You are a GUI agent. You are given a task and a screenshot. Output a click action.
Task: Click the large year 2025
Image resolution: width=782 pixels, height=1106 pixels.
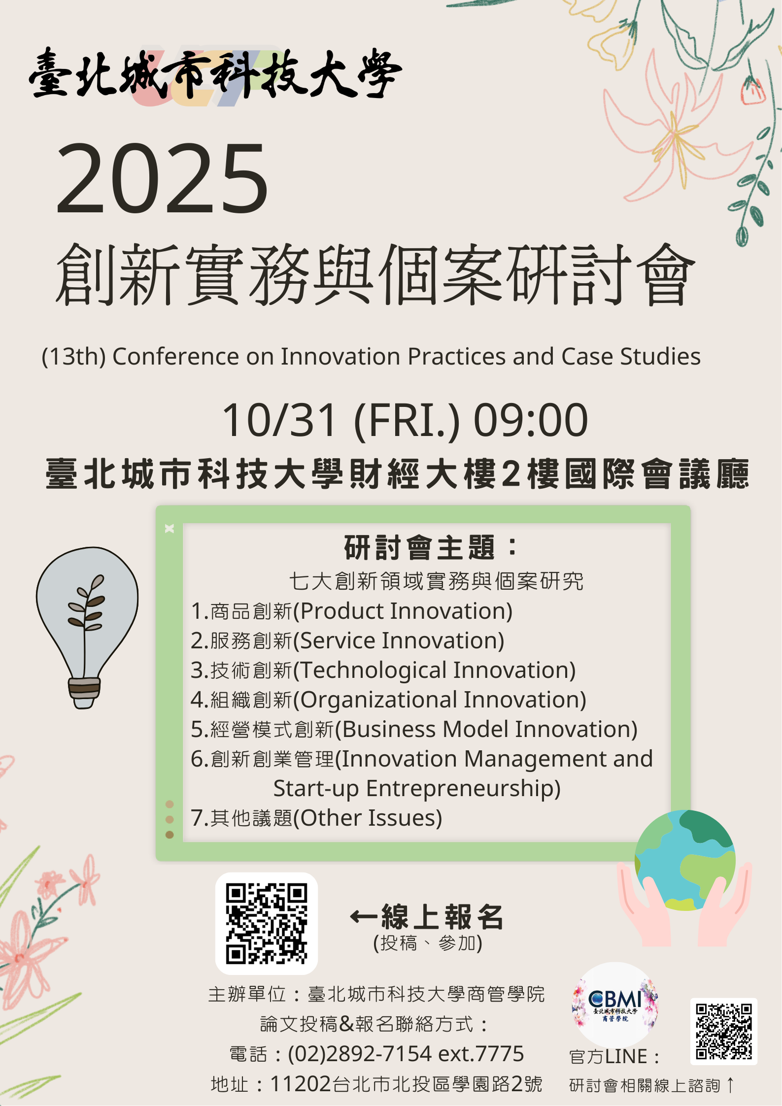(163, 179)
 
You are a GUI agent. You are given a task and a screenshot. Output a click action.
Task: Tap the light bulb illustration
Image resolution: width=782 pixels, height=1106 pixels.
(87, 628)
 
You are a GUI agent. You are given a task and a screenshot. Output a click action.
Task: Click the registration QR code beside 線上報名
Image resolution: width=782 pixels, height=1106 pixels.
(267, 923)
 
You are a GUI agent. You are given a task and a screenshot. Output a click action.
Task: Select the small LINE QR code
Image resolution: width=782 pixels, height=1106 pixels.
(724, 1032)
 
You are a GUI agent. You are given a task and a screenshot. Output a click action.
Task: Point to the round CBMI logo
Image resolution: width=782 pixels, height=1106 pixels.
(615, 1005)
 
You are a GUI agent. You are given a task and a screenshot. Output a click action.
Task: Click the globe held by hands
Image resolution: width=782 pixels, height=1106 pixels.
(685, 860)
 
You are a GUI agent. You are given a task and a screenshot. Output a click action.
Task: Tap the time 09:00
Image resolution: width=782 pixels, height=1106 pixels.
(531, 420)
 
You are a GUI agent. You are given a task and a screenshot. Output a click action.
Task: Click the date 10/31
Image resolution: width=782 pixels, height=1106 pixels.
(279, 420)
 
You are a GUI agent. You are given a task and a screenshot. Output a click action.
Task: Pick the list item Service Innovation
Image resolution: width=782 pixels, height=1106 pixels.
(347, 640)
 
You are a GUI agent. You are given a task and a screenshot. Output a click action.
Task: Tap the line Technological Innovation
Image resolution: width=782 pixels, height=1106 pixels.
(383, 670)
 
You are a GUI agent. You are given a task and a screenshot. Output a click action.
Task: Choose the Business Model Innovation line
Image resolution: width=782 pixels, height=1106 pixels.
(414, 729)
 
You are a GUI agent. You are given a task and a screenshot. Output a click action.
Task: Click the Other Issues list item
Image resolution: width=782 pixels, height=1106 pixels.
(316, 818)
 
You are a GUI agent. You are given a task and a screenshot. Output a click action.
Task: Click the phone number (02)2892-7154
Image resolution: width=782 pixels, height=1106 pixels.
(360, 1054)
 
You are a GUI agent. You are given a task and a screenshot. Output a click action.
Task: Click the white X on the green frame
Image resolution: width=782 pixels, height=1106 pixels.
(170, 529)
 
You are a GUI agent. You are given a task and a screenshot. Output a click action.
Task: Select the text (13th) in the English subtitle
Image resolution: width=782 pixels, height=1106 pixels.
(73, 357)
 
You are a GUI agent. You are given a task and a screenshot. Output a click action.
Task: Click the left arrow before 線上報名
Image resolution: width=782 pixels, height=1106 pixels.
(364, 916)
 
